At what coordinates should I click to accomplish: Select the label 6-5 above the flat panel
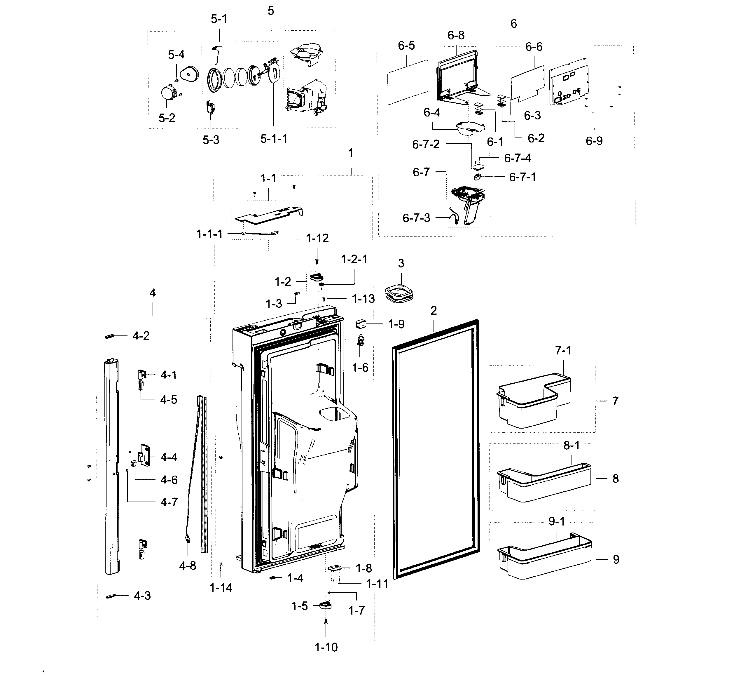click(406, 46)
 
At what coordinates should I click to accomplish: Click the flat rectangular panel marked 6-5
click(408, 82)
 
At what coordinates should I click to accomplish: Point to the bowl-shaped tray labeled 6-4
click(470, 128)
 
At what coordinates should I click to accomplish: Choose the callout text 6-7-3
click(416, 218)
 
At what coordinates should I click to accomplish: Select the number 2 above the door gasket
click(434, 311)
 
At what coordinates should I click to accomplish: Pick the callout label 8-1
click(572, 446)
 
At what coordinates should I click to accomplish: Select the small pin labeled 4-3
click(111, 596)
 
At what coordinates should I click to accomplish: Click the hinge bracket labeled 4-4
click(144, 456)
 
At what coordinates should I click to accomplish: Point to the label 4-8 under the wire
click(188, 566)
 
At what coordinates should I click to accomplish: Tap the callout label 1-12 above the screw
click(317, 238)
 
